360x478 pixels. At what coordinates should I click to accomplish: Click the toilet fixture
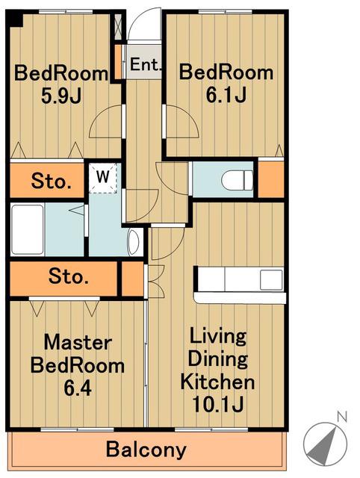pyautogui.click(x=238, y=180)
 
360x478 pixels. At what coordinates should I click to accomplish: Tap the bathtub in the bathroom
pyautogui.click(x=27, y=229)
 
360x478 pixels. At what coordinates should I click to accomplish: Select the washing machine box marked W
pyautogui.click(x=103, y=178)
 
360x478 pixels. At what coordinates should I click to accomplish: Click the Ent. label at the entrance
pyautogui.click(x=145, y=64)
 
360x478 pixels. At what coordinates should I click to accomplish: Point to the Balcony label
pyautogui.click(x=146, y=450)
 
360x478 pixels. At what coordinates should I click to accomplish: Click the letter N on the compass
pyautogui.click(x=342, y=417)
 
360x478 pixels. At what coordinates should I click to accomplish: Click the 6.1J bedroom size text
pyautogui.click(x=226, y=95)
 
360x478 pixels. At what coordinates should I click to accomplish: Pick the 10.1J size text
pyautogui.click(x=217, y=404)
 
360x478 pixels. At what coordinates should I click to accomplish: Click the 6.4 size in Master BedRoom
pyautogui.click(x=78, y=388)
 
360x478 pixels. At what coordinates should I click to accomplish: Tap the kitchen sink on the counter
pyautogui.click(x=271, y=280)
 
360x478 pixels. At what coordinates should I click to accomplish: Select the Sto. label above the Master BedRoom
pyautogui.click(x=69, y=276)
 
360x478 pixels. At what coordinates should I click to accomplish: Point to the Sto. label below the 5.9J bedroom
pyautogui.click(x=52, y=181)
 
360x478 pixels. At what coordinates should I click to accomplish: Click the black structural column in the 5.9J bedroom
pyautogui.click(x=16, y=19)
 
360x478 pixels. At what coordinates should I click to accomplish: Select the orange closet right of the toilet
pyautogui.click(x=270, y=179)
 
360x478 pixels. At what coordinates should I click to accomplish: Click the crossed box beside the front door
pyautogui.click(x=118, y=26)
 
